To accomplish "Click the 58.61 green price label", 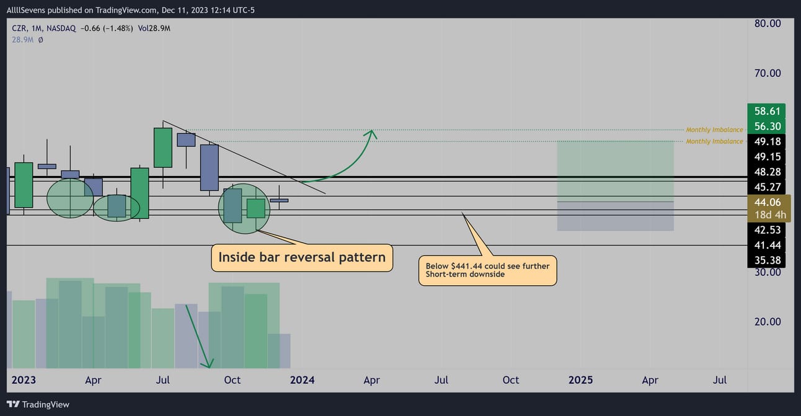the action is [766, 111].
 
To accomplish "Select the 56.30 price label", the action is [766, 126].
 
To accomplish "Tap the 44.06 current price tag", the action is [768, 202].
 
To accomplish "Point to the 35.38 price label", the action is [766, 260].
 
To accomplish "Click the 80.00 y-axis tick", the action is [768, 24].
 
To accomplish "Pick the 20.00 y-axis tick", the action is [768, 322].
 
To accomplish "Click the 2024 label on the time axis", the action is [302, 380].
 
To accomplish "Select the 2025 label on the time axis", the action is [580, 380].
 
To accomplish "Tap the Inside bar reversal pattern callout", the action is [302, 257].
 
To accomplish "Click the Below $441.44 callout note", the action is [488, 270].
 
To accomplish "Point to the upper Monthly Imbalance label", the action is [714, 130].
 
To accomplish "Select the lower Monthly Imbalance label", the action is [714, 141].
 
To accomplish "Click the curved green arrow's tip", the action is [372, 130].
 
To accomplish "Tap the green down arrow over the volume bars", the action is [198, 336].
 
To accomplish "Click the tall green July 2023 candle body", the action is [162, 148].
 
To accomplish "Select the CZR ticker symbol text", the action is [19, 29].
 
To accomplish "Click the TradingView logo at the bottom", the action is [38, 405].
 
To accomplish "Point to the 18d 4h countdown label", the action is [770, 215].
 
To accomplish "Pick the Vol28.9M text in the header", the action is [154, 29].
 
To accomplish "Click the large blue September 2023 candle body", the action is [209, 167].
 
